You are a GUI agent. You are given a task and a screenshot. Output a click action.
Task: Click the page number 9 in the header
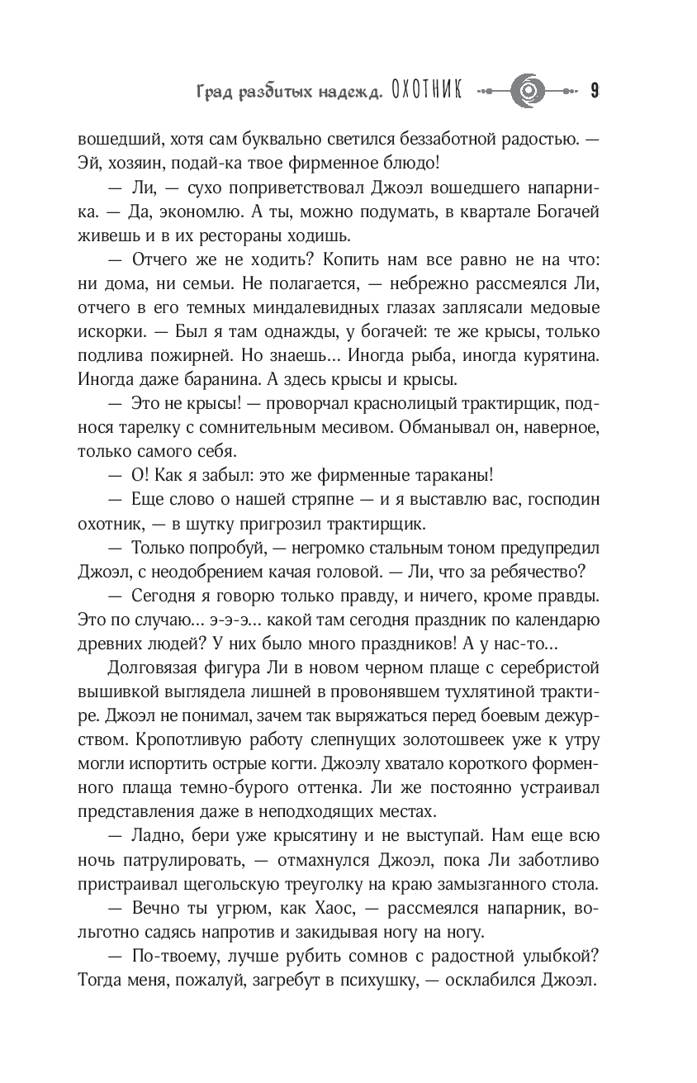coord(595,90)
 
